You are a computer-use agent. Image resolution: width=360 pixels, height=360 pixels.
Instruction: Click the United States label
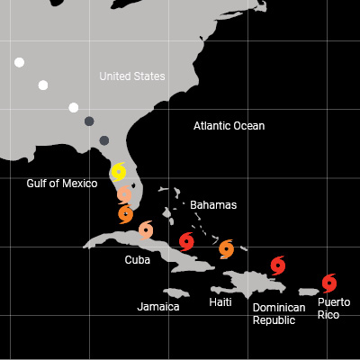point(132,76)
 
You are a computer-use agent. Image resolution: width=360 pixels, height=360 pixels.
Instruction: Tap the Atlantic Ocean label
point(229,126)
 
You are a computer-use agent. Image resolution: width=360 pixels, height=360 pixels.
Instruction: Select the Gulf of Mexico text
point(61,184)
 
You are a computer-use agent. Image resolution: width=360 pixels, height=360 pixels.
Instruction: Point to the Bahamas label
point(213,205)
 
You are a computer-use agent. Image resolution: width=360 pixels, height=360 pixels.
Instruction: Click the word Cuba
point(138,260)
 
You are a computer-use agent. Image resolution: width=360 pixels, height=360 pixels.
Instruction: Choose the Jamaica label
point(158,307)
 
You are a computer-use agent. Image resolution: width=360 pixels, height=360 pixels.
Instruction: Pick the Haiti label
point(220,302)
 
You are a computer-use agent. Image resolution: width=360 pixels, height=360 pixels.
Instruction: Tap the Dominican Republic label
point(278,313)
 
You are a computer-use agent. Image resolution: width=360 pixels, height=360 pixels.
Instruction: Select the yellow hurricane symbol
point(119,171)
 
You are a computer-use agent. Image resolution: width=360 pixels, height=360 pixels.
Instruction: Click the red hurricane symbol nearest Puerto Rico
point(328,282)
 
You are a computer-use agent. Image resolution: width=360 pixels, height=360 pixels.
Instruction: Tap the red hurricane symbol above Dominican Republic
point(278,265)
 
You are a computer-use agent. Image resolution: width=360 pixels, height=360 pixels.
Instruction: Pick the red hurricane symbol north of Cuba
point(186,240)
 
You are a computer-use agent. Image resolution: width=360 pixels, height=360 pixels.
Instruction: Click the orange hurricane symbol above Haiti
point(226,247)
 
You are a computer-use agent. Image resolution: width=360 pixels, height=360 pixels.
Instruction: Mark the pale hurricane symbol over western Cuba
point(146,230)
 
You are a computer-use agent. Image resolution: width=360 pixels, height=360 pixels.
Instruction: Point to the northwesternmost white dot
point(19,62)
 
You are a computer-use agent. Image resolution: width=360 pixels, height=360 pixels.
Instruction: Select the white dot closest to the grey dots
point(74,108)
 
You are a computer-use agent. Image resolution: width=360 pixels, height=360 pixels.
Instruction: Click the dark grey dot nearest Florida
point(104,140)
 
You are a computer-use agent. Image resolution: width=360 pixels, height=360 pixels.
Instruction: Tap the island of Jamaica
point(175,292)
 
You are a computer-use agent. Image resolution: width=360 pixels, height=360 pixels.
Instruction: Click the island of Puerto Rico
point(309,290)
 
